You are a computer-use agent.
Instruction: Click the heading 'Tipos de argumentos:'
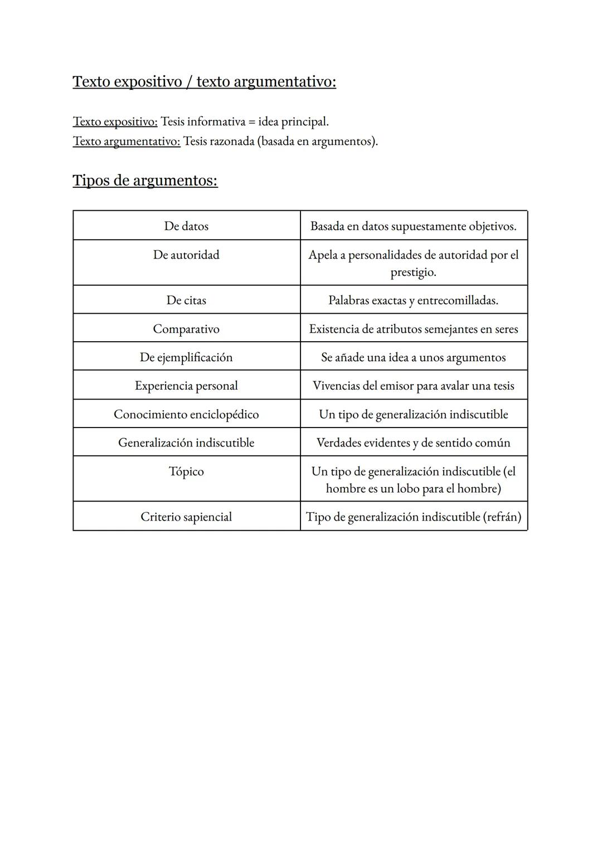coord(145,181)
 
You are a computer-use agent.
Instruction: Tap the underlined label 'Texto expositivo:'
coord(115,122)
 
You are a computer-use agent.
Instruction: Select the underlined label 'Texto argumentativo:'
coord(127,141)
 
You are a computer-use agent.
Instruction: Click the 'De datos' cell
coord(186,226)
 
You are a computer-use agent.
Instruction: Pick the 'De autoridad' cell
coord(186,255)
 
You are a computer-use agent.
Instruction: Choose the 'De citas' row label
coord(186,300)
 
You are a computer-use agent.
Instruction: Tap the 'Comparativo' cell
coord(186,329)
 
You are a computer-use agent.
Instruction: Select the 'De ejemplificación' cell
coord(186,357)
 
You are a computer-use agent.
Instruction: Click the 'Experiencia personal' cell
coord(186,386)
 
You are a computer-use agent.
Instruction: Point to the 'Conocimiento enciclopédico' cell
coord(186,414)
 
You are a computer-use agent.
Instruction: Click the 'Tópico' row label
coord(186,472)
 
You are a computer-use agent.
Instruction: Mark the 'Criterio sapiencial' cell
coord(186,517)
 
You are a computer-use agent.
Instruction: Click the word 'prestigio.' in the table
coord(413,273)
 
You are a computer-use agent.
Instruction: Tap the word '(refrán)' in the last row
coord(502,517)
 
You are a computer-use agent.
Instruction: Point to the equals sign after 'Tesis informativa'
coord(252,122)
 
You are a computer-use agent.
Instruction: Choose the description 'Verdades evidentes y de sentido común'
coord(413,443)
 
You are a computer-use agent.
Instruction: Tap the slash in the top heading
coord(190,82)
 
